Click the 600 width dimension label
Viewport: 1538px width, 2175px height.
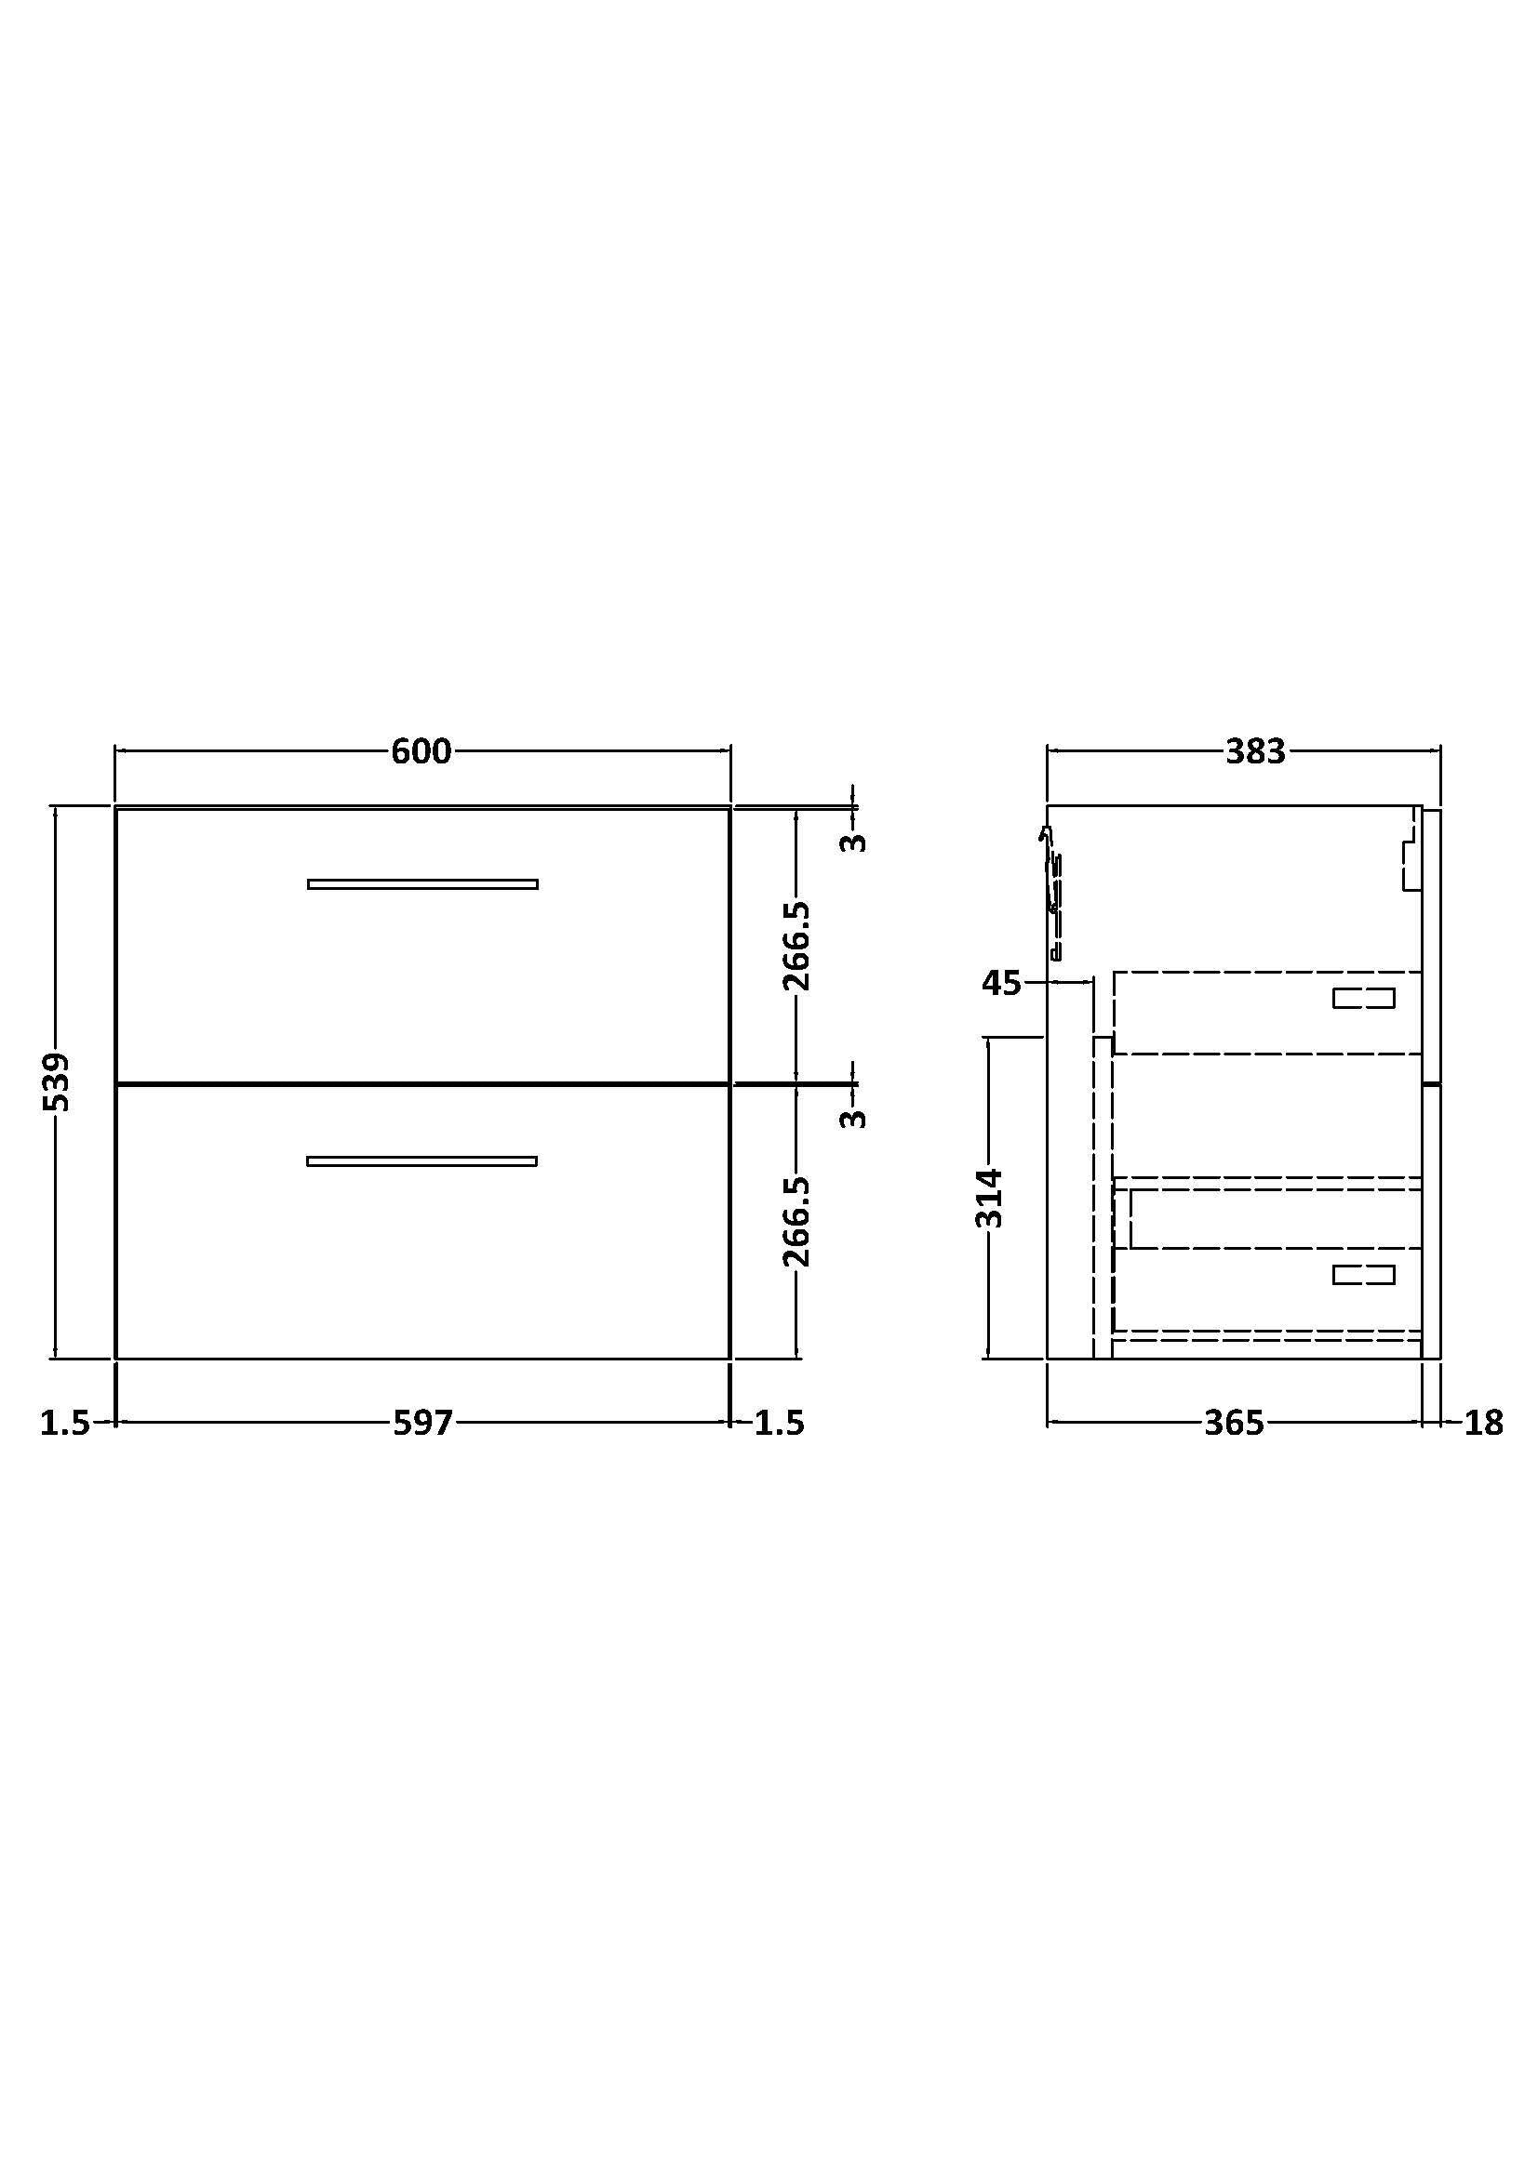[421, 751]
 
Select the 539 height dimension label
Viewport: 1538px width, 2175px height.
[57, 1081]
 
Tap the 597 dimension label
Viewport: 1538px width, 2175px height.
[422, 1422]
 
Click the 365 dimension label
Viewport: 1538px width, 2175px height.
[1234, 1422]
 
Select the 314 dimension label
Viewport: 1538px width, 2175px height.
[988, 1199]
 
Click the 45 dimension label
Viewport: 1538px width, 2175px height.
[1002, 983]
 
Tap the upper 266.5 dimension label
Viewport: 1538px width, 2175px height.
[796, 946]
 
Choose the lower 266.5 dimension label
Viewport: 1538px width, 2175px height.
[796, 1222]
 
